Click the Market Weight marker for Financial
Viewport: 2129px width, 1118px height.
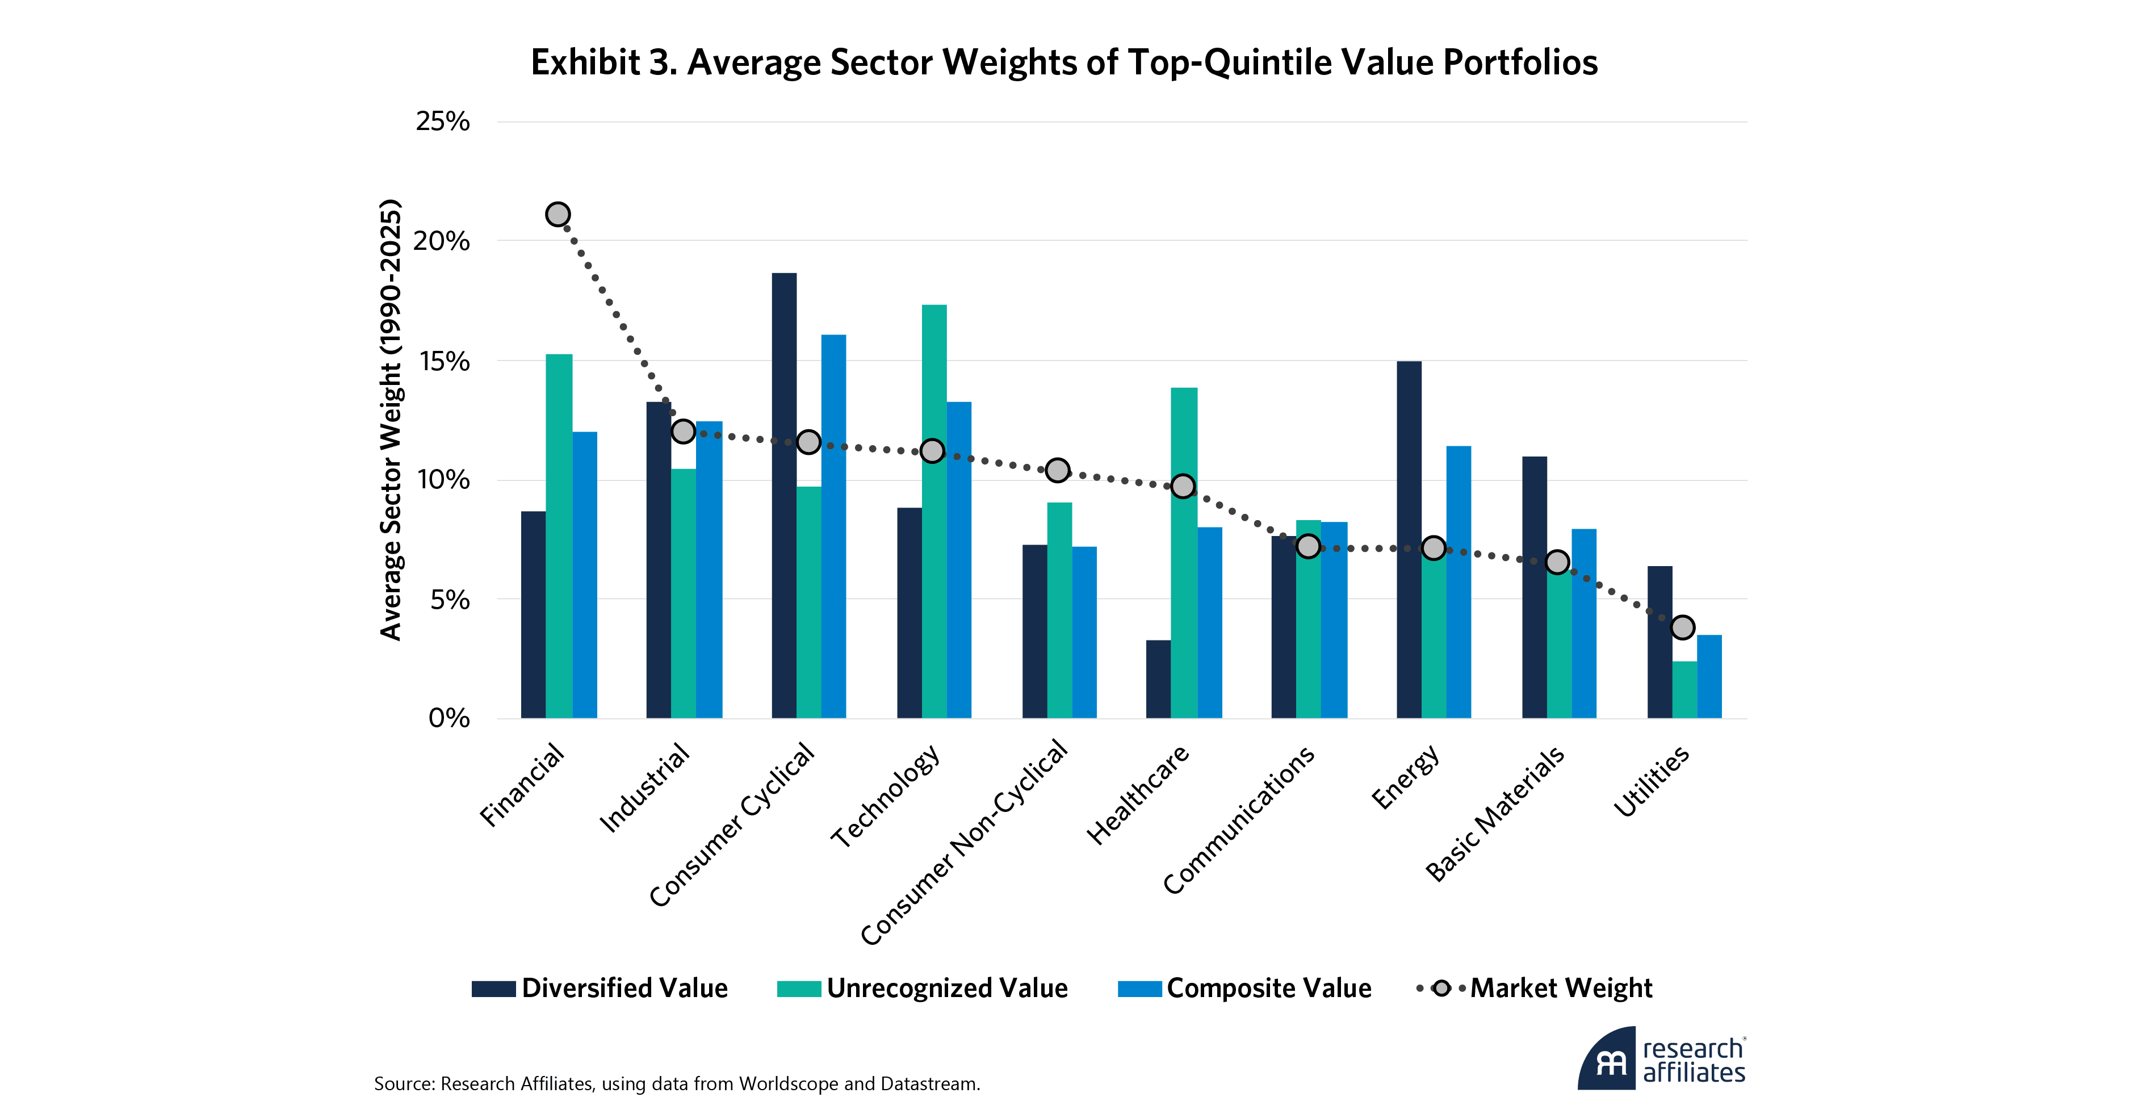point(558,215)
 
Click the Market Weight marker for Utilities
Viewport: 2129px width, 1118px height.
point(1683,627)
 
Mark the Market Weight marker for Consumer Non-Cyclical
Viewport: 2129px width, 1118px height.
point(1057,470)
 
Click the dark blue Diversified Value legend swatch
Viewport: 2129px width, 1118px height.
point(493,989)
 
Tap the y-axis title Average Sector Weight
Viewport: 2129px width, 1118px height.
point(390,420)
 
